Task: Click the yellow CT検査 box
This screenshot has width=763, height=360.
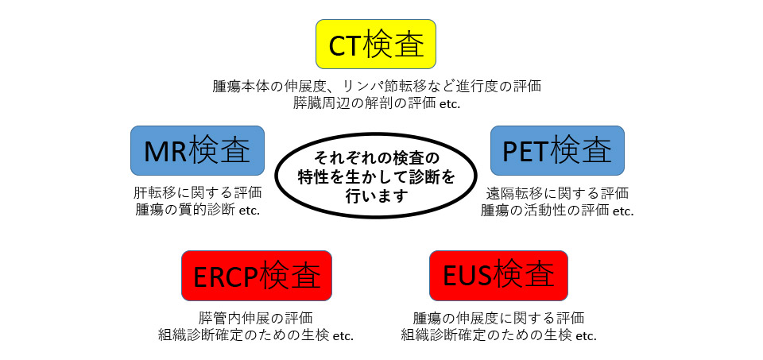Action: point(376,45)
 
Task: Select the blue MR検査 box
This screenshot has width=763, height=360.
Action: point(198,151)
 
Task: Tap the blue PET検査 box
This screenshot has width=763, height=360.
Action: point(557,151)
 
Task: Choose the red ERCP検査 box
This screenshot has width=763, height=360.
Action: point(257,276)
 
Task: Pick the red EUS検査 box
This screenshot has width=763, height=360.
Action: point(498,276)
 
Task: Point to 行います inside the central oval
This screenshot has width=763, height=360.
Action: point(377,196)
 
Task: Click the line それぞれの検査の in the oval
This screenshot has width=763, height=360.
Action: point(377,159)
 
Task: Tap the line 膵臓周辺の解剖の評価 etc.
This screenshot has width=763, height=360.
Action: point(377,103)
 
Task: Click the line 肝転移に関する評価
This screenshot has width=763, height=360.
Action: point(198,193)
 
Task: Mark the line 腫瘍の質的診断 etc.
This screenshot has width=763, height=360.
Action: point(198,211)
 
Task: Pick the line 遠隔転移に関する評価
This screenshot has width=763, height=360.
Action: point(557,193)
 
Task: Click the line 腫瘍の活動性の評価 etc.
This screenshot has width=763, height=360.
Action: point(557,211)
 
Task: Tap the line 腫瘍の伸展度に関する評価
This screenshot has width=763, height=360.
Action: point(498,318)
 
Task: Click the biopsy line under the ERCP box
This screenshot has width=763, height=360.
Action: point(256,335)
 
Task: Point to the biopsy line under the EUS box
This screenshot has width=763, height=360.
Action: point(499,335)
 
